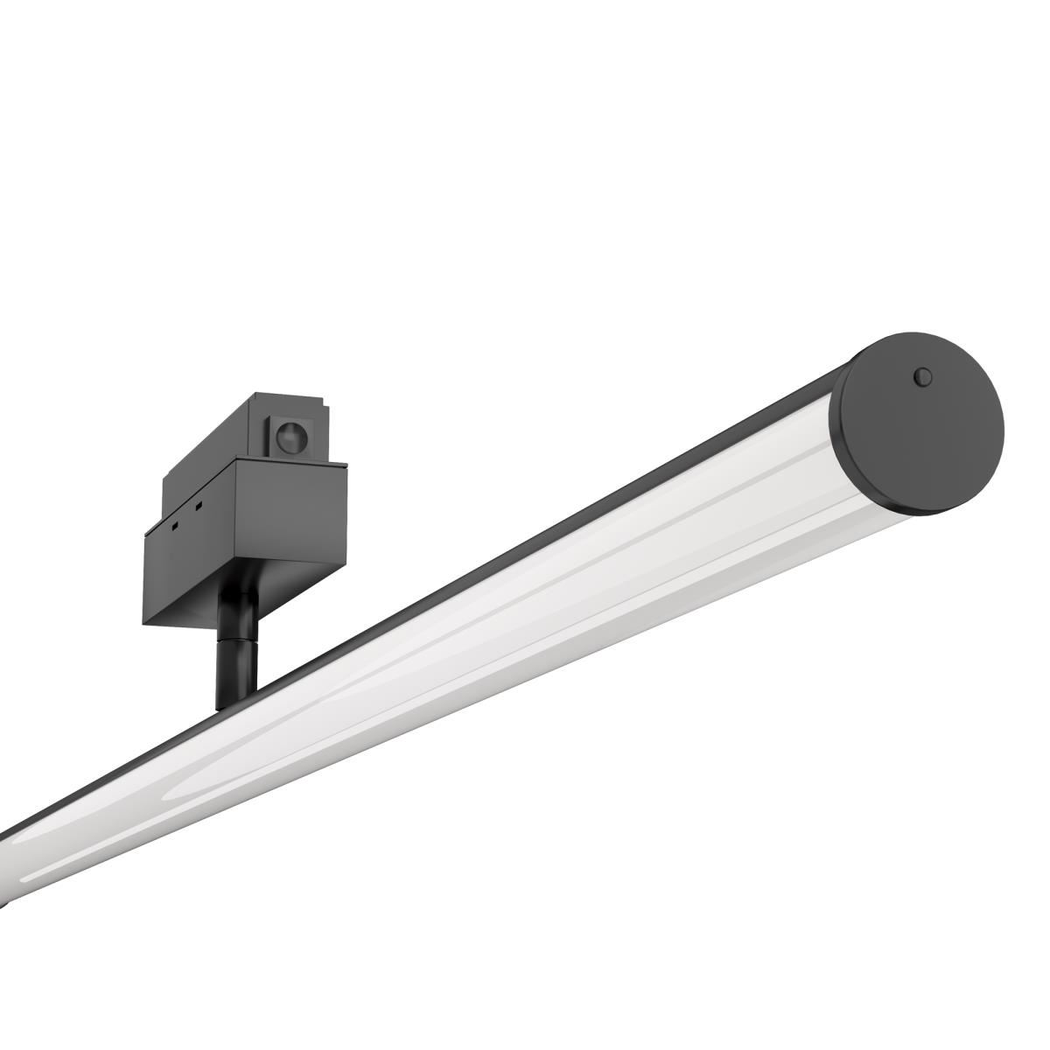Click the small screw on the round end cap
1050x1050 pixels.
pos(921,377)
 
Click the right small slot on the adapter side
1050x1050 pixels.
pos(199,506)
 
